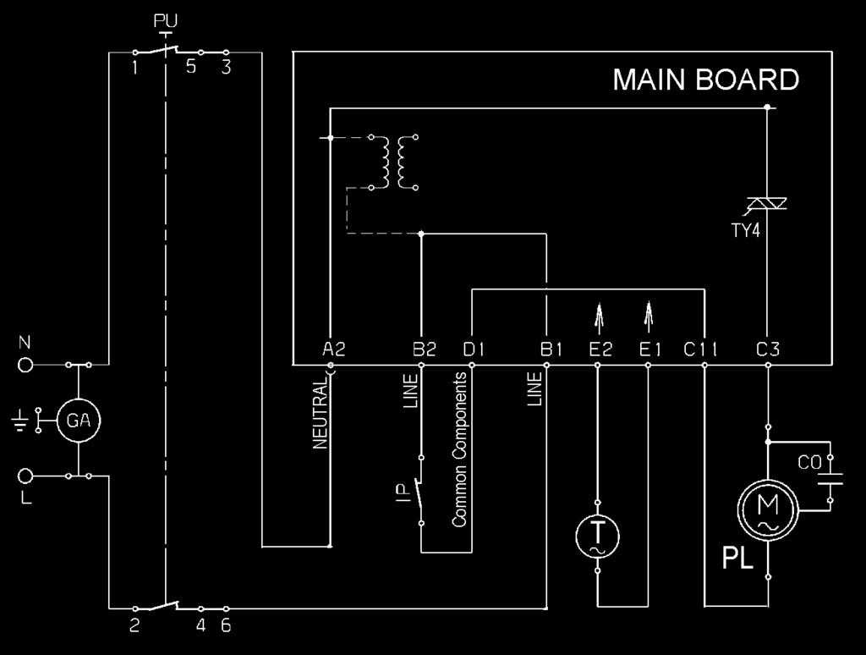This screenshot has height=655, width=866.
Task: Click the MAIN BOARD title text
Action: coord(706,80)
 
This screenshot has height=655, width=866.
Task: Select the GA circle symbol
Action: coord(79,421)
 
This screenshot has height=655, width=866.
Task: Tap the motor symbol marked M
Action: coord(768,509)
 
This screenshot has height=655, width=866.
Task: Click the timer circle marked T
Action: coord(598,537)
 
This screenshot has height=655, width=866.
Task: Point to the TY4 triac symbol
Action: coord(767,205)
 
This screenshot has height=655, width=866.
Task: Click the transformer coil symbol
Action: coord(393,162)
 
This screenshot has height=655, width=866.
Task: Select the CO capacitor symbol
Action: coord(830,479)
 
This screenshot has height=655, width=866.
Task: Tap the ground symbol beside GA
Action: coord(20,421)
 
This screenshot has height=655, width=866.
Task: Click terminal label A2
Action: coord(333,350)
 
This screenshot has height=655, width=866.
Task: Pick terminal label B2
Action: coord(425,350)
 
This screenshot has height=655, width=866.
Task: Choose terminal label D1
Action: coord(474,350)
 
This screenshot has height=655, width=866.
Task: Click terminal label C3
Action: coord(768,350)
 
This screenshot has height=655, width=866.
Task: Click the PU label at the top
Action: coord(165,21)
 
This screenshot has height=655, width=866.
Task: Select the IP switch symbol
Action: coord(419,490)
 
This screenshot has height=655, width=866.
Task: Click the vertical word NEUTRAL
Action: coord(321,415)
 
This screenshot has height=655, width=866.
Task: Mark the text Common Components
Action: coord(459,449)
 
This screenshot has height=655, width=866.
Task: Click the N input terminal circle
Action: coord(25,365)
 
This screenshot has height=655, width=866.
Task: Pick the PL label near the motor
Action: coord(737,559)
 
